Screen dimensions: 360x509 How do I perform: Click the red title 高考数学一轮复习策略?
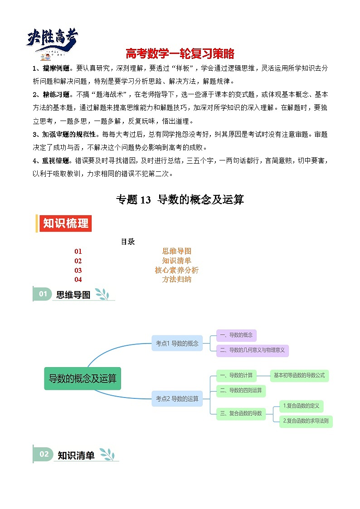[180, 54]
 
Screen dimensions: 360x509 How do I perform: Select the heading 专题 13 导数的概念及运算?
[180, 199]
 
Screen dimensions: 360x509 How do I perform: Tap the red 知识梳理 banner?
[65, 223]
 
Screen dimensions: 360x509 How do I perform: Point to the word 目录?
[127, 242]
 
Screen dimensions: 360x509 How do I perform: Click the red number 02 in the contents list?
[78, 261]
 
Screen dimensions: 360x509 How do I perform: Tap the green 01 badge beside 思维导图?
[43, 294]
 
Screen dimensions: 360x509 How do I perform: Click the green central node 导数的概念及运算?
[83, 378]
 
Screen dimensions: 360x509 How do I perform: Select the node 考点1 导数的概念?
[177, 343]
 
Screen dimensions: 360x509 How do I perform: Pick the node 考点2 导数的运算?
[177, 399]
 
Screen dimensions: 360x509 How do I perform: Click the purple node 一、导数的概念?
[236, 335]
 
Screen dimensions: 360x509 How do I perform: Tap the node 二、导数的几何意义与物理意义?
[252, 350]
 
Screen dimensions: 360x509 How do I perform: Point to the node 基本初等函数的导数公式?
[299, 375]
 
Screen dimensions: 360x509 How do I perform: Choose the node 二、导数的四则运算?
[241, 390]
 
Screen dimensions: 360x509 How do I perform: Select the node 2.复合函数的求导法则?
[306, 421]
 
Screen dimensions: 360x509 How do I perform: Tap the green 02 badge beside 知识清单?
[44, 454]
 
